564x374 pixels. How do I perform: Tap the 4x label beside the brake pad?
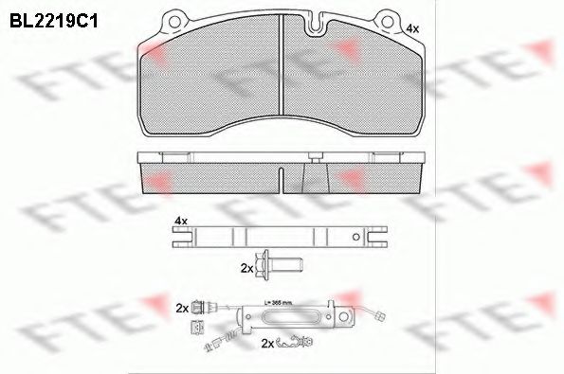click(x=411, y=29)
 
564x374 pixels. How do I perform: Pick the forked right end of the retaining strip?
click(x=380, y=238)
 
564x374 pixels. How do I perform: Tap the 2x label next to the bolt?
click(x=247, y=269)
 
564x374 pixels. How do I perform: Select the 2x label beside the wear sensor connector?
click(x=181, y=309)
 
